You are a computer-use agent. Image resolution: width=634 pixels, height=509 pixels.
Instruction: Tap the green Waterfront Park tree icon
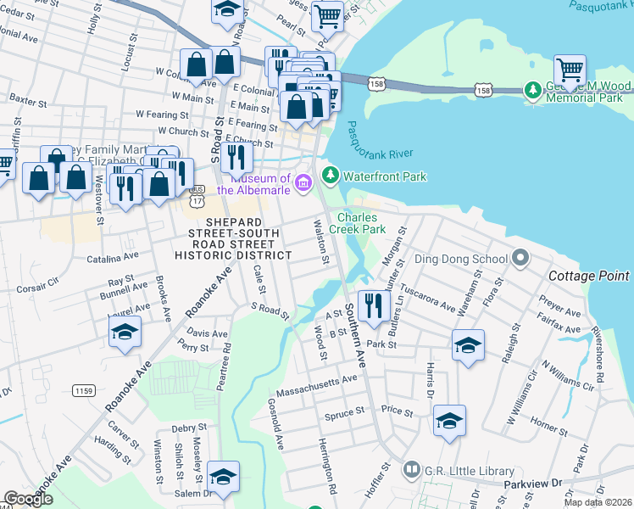click(x=330, y=176)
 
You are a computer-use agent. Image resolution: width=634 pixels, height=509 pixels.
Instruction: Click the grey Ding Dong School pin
click(x=521, y=256)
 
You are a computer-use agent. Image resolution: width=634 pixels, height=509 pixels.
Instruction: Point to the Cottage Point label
click(x=588, y=276)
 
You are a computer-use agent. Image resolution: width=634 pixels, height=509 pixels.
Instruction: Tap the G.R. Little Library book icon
click(x=412, y=469)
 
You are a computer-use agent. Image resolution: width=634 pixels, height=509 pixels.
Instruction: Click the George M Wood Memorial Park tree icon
click(x=532, y=89)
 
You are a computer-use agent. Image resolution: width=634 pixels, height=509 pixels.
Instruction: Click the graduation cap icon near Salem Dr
click(x=223, y=477)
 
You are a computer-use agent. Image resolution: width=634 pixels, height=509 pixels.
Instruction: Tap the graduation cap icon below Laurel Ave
click(x=125, y=331)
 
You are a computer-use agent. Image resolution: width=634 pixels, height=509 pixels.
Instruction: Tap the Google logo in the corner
click(x=28, y=500)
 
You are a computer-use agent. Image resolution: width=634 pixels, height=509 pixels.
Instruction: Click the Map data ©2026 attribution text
click(x=598, y=501)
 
